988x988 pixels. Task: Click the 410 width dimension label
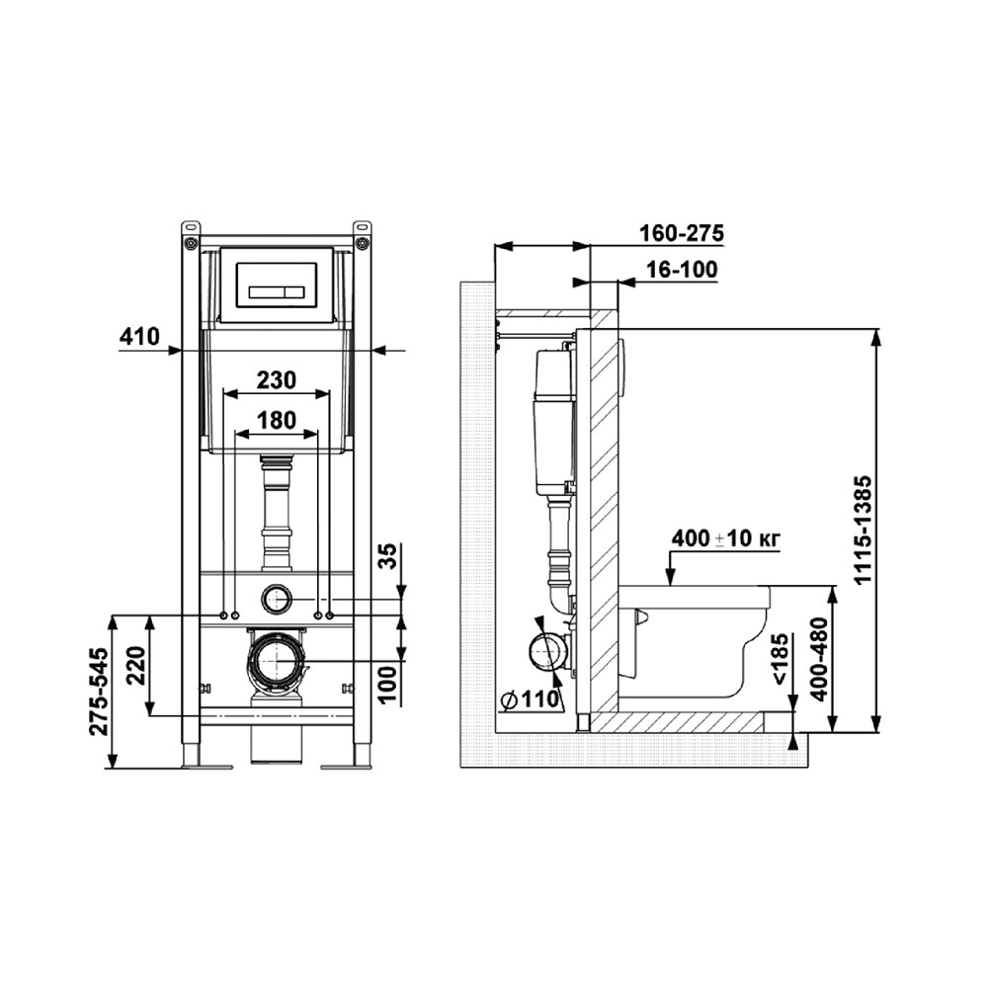click(139, 337)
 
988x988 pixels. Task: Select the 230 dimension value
click(277, 380)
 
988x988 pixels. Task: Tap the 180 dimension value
click(277, 420)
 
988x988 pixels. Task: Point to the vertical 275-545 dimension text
click(100, 691)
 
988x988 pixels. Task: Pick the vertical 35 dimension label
click(391, 556)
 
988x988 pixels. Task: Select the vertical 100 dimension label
click(391, 684)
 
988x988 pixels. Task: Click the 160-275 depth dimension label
click(682, 233)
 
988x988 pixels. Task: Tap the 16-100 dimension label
click(683, 270)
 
